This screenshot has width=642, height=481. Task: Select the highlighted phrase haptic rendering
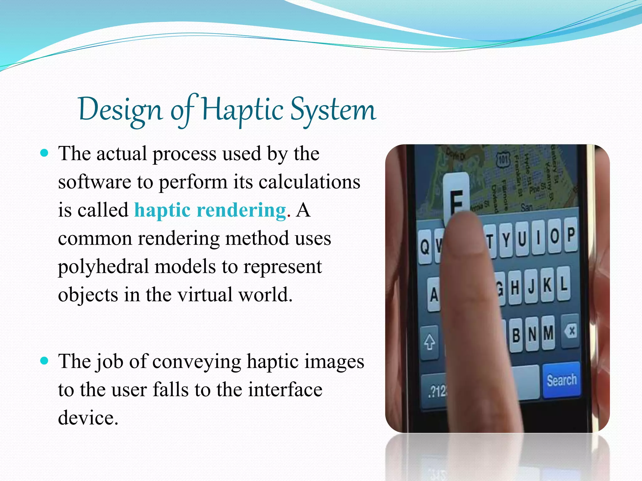coord(210,210)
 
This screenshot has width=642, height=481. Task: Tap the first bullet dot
coord(45,153)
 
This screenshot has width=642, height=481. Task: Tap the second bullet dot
coord(45,361)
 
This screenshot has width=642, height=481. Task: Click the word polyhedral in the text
coord(103,267)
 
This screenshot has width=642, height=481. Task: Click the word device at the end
coord(88,418)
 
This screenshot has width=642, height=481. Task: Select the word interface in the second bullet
coord(285,390)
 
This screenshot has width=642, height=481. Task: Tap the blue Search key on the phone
coord(561,380)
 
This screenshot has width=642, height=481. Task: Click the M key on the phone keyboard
coord(548,333)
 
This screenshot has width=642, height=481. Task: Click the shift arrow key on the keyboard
coord(429,342)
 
